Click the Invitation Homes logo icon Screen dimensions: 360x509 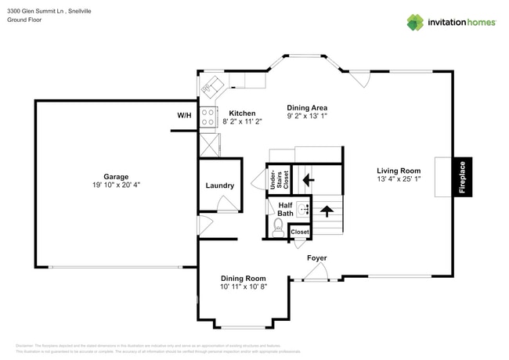414,22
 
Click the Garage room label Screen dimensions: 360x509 116,176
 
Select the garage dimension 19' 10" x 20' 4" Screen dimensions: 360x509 116,185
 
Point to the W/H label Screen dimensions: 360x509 184,115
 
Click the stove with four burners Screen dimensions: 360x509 208,117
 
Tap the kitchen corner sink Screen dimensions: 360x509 212,85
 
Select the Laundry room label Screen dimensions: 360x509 220,185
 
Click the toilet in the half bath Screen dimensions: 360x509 277,227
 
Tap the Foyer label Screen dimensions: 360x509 316,257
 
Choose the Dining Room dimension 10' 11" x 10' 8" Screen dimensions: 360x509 243,287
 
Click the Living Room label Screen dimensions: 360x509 399,171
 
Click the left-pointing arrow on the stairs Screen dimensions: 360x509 309,179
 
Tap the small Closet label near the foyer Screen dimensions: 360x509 300,232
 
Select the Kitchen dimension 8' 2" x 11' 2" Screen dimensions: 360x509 241,122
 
